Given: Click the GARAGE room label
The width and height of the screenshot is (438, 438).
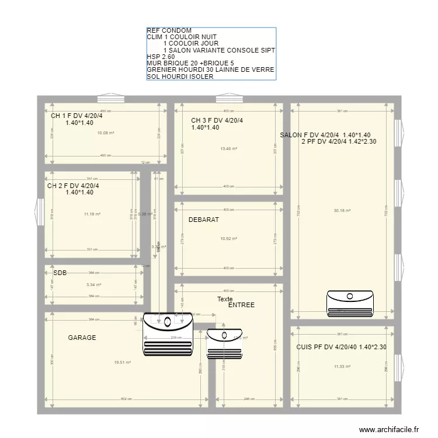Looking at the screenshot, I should tap(82, 338).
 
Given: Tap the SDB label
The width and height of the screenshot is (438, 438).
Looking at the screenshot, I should tap(60, 273).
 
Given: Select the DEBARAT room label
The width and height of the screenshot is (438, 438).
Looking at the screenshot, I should tap(204, 220).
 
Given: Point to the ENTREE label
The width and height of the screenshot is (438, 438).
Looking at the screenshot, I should tap(241, 305).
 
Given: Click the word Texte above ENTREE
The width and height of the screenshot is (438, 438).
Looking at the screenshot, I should tap(225, 299).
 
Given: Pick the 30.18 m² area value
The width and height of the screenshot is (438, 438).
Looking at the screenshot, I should tap(342, 211).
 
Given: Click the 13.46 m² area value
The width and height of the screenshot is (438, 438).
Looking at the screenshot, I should tap(229, 149).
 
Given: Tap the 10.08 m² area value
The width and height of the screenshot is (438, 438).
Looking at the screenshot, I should tap(105, 133).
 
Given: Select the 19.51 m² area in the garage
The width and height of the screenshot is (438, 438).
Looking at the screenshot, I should tap(122, 363).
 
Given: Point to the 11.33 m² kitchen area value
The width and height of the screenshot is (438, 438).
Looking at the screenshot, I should tap(342, 367).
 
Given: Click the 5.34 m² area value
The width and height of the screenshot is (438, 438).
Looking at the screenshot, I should tap(93, 285).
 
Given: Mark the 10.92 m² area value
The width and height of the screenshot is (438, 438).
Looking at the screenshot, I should tap(229, 239).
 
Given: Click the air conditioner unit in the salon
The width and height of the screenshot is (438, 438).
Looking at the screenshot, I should tap(348, 303).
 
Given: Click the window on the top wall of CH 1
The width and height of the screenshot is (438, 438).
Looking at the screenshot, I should tap(108, 98).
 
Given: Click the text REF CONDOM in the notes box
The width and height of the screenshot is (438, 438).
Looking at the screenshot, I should tap(169, 31).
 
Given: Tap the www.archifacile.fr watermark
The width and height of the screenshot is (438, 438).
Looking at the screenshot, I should tap(390, 429).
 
